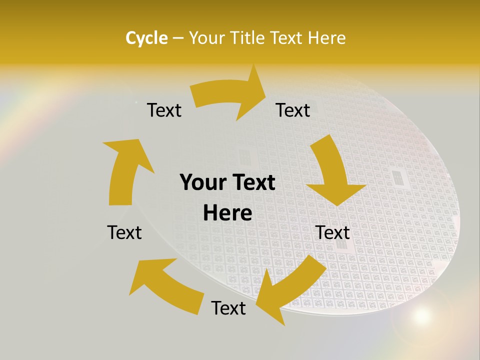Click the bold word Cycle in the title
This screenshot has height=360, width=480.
[146, 38]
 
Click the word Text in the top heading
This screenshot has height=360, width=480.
[288, 38]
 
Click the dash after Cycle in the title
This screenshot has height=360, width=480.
[178, 38]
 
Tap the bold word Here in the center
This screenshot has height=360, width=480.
[227, 213]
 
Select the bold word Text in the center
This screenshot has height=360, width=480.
[253, 183]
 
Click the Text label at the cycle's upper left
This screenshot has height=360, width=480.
[164, 110]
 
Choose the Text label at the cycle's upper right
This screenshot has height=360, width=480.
[293, 110]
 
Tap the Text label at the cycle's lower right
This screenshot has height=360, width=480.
[333, 232]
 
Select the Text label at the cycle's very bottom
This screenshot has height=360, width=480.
[228, 308]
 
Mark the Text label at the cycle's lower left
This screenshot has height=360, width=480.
[124, 232]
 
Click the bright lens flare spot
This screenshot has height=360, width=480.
[421, 315]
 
